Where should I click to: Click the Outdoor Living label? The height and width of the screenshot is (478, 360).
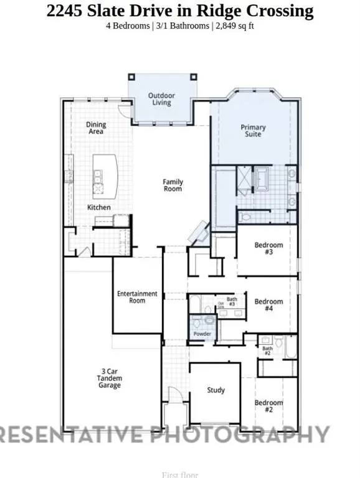161,99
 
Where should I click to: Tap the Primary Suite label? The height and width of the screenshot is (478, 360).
253,131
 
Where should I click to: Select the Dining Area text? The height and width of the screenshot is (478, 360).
96,128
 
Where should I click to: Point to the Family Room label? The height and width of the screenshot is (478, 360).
173,185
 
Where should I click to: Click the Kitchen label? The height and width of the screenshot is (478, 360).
99,207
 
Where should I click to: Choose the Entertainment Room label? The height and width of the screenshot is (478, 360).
137,297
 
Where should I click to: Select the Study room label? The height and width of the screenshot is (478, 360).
216,390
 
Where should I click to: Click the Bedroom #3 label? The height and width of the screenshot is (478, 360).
268,248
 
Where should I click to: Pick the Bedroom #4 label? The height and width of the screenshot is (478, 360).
268,305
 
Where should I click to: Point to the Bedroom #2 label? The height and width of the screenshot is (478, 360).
268,406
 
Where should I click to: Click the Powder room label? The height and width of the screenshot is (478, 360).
202,335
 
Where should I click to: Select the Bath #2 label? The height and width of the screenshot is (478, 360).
267,351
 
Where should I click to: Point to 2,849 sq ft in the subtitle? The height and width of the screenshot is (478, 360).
240,26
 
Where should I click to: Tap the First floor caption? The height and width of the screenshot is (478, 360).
179,475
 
